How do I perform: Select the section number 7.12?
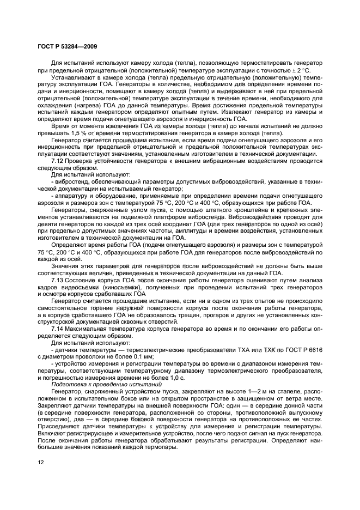(58, 161)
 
